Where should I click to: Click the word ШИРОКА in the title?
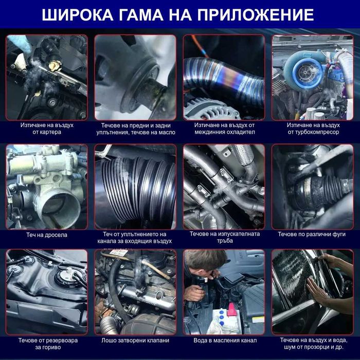coord(78,15)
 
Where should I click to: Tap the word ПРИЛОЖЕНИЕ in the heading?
coord(256,15)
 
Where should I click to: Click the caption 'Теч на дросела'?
coord(47,235)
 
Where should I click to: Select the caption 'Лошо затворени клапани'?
coord(135,340)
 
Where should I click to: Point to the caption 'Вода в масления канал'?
coord(225,340)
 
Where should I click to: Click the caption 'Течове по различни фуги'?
coord(312,234)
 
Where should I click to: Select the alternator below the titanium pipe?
coord(210,110)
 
